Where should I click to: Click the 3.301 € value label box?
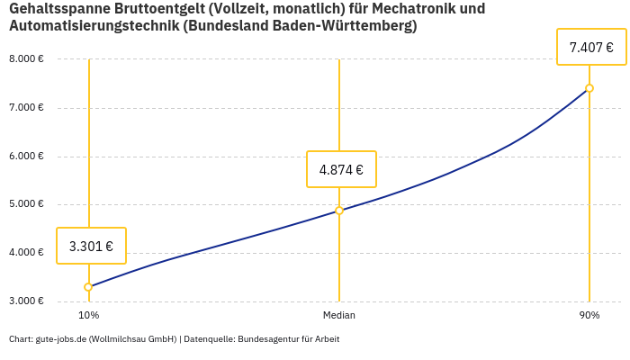(91, 246)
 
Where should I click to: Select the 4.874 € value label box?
(341, 169)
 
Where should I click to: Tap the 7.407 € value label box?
(591, 47)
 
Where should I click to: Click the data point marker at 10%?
(88, 287)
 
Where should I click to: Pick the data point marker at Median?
(339, 211)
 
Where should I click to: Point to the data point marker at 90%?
(589, 88)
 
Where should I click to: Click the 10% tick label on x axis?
(88, 316)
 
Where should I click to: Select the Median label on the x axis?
(339, 316)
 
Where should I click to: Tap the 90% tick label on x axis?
(589, 316)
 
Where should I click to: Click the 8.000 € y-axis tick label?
(26, 59)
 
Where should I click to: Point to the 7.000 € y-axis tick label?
(26, 108)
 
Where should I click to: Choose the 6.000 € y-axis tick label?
(26, 156)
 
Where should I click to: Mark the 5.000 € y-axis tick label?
(26, 204)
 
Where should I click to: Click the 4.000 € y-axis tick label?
(26, 252)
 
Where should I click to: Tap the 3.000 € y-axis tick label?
(26, 301)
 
